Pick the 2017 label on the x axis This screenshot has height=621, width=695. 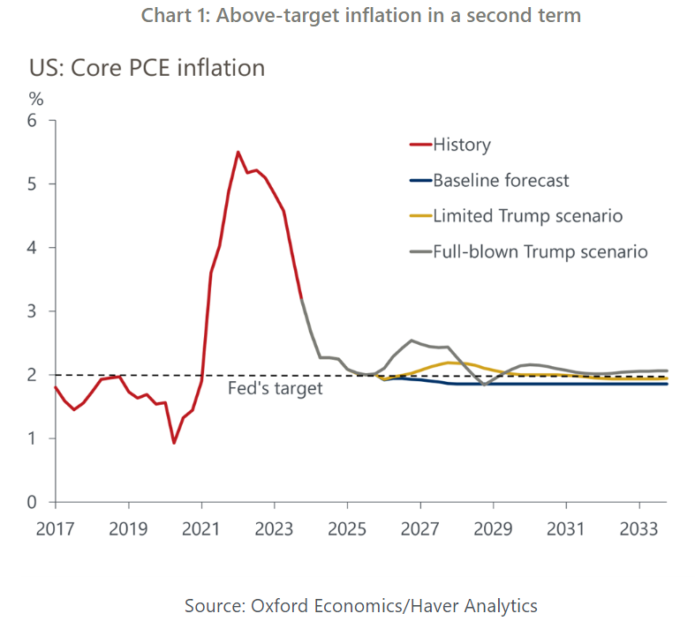pos(56,529)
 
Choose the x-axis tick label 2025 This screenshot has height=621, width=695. pos(347,529)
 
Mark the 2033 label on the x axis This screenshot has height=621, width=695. pos(638,529)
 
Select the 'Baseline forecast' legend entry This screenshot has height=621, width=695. pos(501,181)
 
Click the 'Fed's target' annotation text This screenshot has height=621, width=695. pos(275,388)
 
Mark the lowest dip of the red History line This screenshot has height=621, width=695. pos(174,443)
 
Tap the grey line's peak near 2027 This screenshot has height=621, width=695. pos(412,340)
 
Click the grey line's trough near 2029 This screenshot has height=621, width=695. pos(484,385)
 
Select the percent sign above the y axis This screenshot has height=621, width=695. pos(36,97)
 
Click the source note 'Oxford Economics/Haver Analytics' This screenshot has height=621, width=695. pos(360,605)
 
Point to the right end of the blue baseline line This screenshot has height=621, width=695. pos(667,384)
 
